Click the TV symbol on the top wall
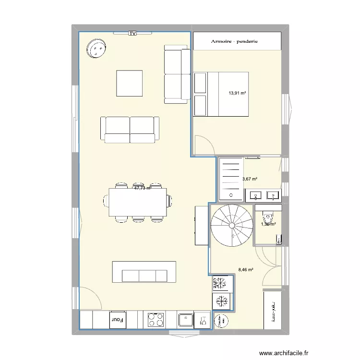(x=132, y=33)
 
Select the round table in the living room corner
(x=97, y=49)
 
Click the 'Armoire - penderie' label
(x=234, y=42)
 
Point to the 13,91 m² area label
(x=237, y=93)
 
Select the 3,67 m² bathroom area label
(x=250, y=179)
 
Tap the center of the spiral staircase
(x=232, y=225)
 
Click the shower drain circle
(x=231, y=195)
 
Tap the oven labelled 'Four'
(x=118, y=319)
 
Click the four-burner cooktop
(x=156, y=319)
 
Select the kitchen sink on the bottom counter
(x=185, y=319)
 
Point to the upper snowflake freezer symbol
(x=221, y=283)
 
